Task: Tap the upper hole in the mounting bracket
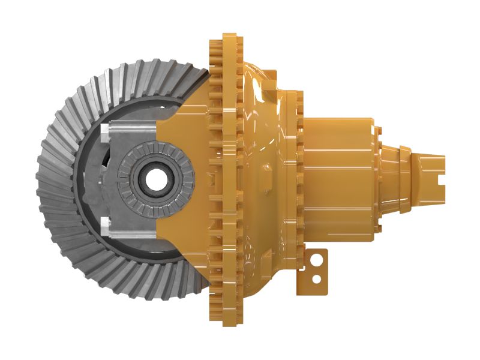click(x=317, y=260)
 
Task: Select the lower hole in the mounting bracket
click(x=317, y=279)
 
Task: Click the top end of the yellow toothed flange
click(x=228, y=37)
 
